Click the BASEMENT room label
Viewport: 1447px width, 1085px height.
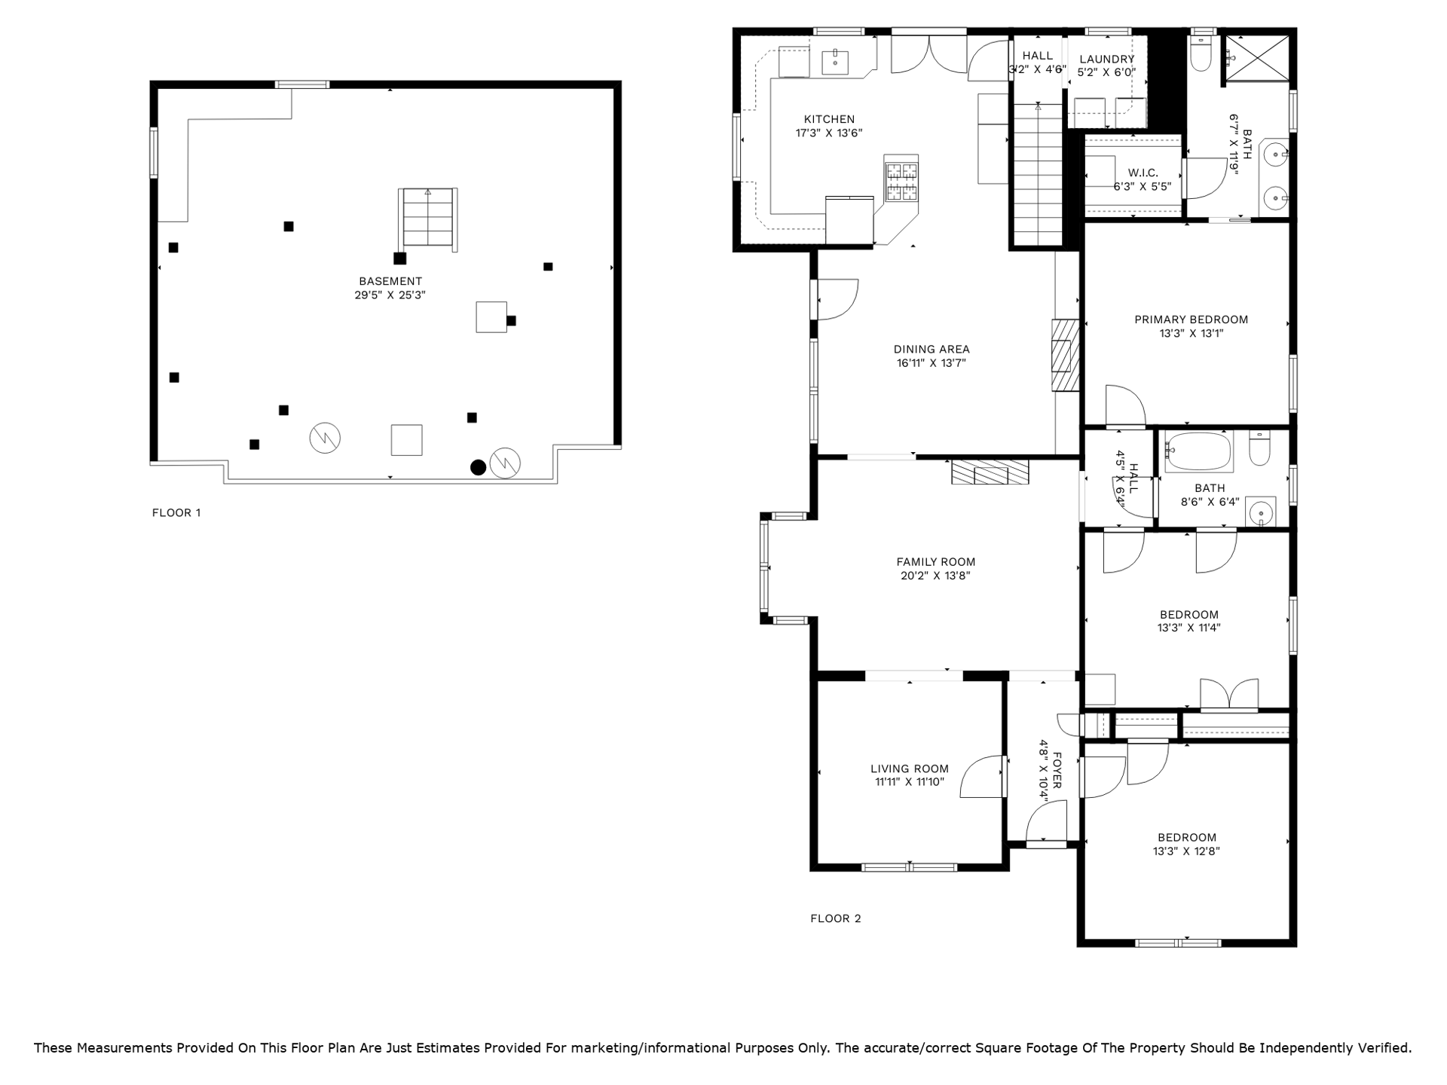pyautogui.click(x=390, y=282)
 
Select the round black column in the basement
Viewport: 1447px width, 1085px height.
pyautogui.click(x=478, y=468)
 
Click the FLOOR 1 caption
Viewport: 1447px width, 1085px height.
pyautogui.click(x=176, y=513)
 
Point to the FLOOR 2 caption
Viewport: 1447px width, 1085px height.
pyautogui.click(x=835, y=918)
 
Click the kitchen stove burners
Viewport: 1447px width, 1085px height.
pyautogui.click(x=901, y=182)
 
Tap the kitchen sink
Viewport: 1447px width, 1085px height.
pyautogui.click(x=836, y=62)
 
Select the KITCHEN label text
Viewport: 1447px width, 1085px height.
pyautogui.click(x=829, y=119)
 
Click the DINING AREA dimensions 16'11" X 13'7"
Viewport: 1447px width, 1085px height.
pyautogui.click(x=932, y=363)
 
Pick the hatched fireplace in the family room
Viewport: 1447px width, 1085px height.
pyautogui.click(x=990, y=472)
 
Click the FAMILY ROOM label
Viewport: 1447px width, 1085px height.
pyautogui.click(x=936, y=562)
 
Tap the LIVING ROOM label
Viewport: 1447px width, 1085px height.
pyautogui.click(x=910, y=769)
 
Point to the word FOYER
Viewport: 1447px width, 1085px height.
pyautogui.click(x=1057, y=769)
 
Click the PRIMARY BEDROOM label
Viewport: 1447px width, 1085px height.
pyautogui.click(x=1192, y=319)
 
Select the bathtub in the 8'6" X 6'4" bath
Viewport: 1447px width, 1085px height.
pyautogui.click(x=1198, y=452)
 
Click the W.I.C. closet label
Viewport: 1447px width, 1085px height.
pyautogui.click(x=1143, y=173)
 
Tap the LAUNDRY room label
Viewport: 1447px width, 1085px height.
pyautogui.click(x=1106, y=60)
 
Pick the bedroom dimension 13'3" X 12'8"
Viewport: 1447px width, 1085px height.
pyautogui.click(x=1186, y=851)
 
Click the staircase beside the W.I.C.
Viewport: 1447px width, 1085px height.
pyautogui.click(x=1039, y=174)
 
